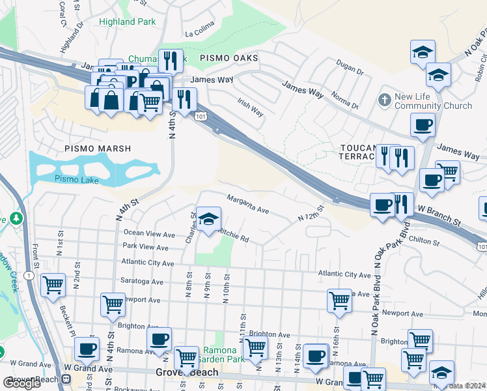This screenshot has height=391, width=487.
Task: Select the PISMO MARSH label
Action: [x=98, y=149]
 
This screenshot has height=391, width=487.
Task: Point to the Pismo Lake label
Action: [x=76, y=179]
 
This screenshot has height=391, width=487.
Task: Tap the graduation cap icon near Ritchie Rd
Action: [x=209, y=220]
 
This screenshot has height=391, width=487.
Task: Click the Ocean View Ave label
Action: [x=149, y=233]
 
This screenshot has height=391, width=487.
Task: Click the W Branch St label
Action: [x=439, y=216]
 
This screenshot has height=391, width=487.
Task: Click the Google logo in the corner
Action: [x=21, y=383]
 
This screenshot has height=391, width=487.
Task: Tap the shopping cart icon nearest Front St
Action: [x=53, y=284]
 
